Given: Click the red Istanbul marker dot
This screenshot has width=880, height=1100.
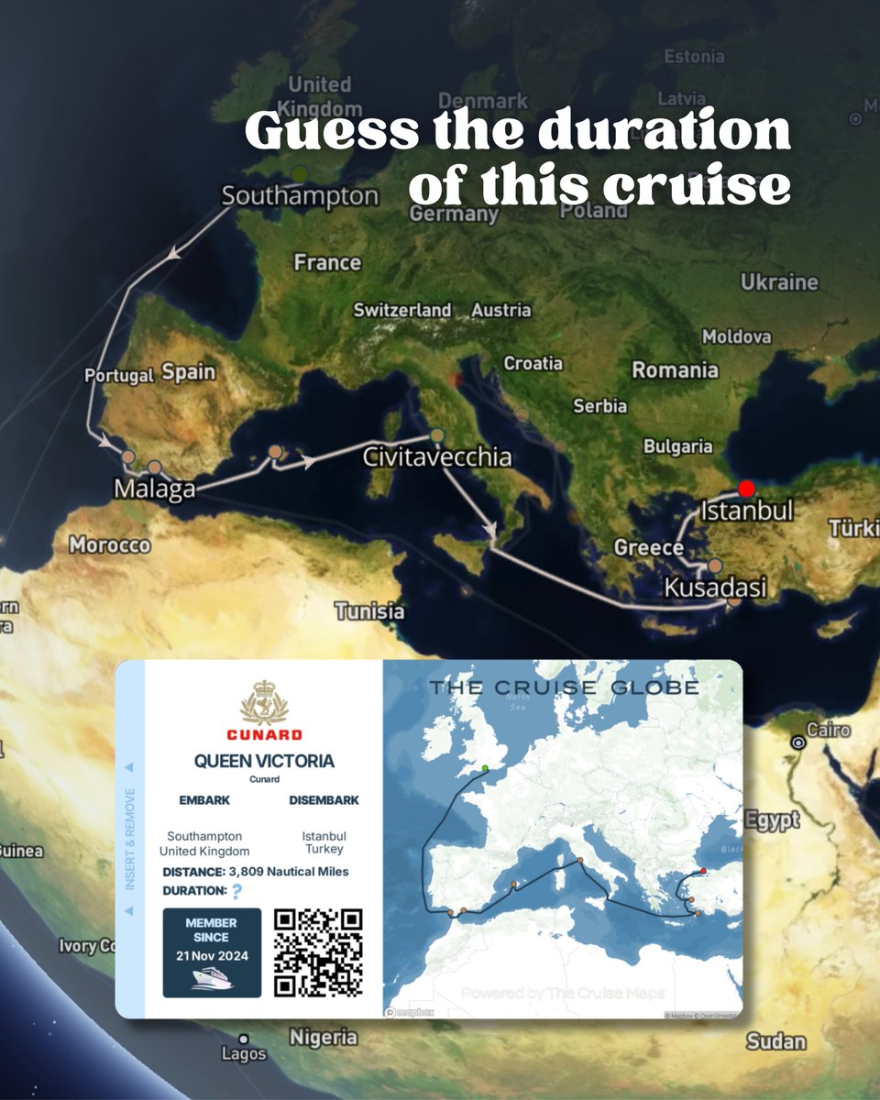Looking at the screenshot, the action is point(747,489).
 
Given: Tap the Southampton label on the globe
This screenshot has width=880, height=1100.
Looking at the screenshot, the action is point(300,195).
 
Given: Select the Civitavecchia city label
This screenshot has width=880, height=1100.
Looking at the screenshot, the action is point(436,456).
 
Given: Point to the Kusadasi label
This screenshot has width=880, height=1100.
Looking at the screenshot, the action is point(714,587).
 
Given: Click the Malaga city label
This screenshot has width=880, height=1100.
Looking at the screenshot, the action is point(154,489).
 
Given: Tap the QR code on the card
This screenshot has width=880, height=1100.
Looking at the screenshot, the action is point(318,951).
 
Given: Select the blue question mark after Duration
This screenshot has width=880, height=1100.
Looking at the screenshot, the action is point(237,891).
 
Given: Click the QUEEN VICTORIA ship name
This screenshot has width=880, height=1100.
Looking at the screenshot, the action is point(264,761).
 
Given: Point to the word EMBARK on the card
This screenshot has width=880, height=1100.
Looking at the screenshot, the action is point(204,800).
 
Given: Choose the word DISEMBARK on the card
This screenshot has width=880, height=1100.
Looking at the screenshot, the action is point(324,800).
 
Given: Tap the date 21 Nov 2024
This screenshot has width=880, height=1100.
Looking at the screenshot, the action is point(211,955).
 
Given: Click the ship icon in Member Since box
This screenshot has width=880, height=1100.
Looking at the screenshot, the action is point(212,979).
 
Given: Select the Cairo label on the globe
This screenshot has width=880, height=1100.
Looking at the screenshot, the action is point(828,731).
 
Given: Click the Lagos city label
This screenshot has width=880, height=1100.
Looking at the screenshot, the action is point(244,1054).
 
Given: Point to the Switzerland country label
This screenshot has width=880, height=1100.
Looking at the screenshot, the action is point(402,310).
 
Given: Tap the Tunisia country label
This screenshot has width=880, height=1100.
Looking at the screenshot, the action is point(368,610).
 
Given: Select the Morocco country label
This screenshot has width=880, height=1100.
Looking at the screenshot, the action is point(109,545).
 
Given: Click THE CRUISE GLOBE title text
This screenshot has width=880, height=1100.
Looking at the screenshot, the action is point(564,687).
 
